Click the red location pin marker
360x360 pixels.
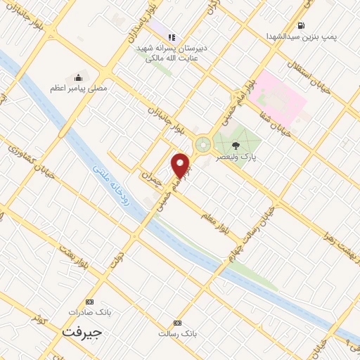(181, 165)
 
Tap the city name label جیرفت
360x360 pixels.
(82, 330)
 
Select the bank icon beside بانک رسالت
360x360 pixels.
(178, 323)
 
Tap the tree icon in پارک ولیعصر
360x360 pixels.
(235, 146)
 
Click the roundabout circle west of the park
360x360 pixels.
(203, 145)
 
